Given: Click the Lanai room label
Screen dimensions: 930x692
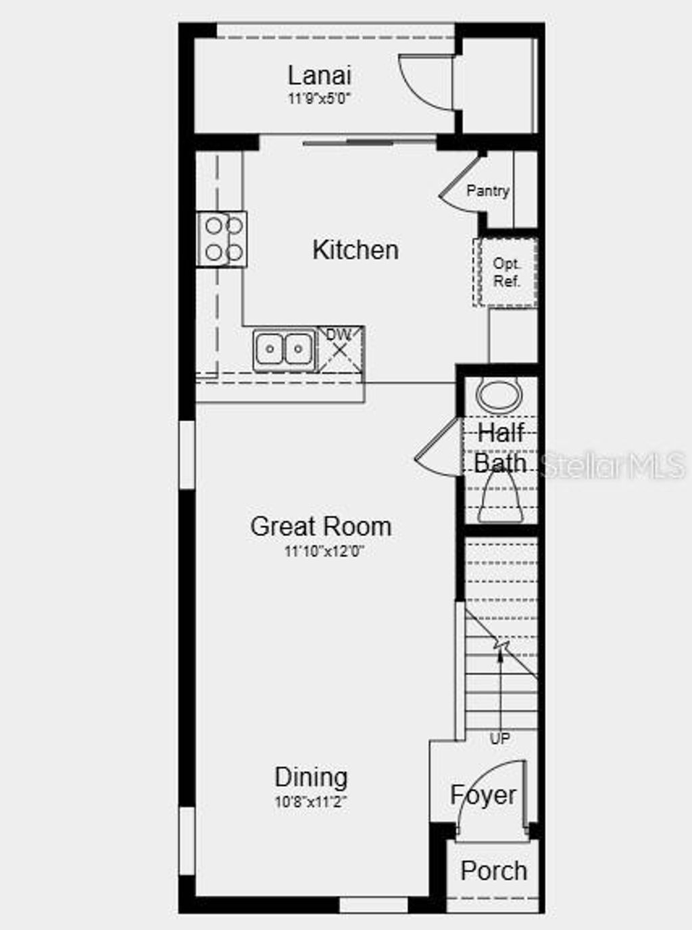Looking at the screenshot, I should pos(319,76).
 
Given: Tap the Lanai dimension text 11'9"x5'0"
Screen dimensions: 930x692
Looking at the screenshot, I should pos(319,99).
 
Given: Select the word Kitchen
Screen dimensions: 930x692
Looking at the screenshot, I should pos(355,250).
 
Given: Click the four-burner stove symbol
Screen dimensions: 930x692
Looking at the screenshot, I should pos(222,239).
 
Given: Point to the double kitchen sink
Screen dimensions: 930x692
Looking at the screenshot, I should pos(284,349).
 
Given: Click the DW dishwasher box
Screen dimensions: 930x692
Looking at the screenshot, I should pos(341,348).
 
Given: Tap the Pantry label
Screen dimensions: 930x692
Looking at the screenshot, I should pos(487,191).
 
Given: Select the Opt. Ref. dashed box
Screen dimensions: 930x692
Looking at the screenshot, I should pos(505,272).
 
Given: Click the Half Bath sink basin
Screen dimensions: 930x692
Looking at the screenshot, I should pos(499,396).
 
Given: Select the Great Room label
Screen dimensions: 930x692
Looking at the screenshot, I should pos(320,527).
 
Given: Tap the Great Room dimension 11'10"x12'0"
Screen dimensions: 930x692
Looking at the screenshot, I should pos(324,552).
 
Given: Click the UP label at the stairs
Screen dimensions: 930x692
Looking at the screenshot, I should pos(499,739).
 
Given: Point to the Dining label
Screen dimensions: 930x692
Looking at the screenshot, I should pos(311,777).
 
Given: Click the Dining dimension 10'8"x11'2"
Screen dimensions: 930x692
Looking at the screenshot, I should pos(311,802).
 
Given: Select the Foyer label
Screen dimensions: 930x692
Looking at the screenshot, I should pos(483,796).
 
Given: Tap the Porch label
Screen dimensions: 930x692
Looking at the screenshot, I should pos(493,871).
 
